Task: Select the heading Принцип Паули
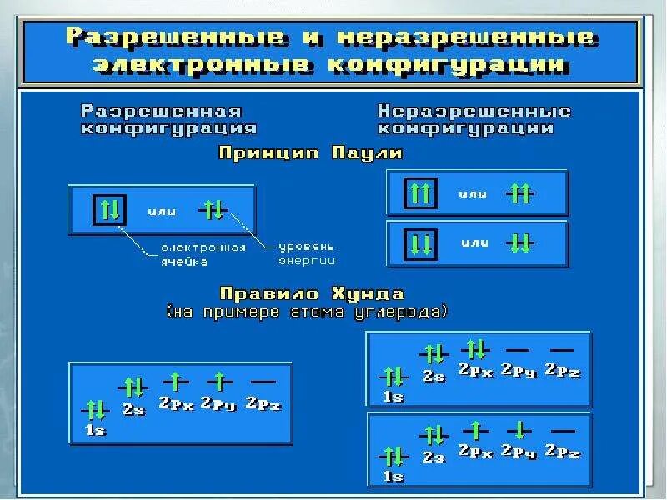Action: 310,153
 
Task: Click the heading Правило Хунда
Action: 312,293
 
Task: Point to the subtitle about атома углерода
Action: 308,312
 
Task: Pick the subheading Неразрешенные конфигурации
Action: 474,120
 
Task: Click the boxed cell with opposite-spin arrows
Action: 110,209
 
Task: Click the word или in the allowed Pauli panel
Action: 162,212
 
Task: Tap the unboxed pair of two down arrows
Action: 520,243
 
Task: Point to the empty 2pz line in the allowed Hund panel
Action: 263,382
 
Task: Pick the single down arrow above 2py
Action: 519,430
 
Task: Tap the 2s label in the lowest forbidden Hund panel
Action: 434,457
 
